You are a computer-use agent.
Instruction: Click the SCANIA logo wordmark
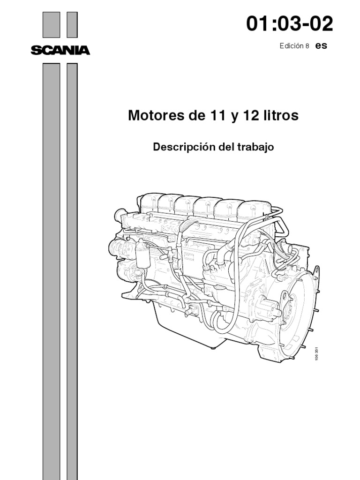click(60, 50)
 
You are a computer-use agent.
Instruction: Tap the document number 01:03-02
click(290, 24)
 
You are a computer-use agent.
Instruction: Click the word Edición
click(291, 46)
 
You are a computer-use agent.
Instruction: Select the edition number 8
click(307, 46)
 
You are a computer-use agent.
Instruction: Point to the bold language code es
click(321, 46)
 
